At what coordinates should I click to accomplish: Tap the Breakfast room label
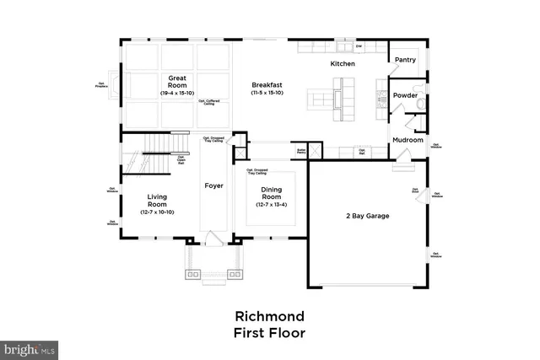[x=267, y=84]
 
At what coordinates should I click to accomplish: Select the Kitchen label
[x=343, y=64]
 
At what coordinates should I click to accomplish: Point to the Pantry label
[x=405, y=61]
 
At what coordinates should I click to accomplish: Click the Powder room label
[x=405, y=96]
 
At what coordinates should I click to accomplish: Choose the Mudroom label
[x=407, y=141]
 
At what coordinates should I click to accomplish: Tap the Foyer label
[x=214, y=185]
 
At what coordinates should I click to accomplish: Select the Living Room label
[x=157, y=200]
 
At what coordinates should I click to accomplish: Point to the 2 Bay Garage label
[x=367, y=216]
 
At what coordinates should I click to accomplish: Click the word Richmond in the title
[x=269, y=316]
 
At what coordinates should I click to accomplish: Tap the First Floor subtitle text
[x=269, y=333]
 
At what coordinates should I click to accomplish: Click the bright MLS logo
[x=30, y=347]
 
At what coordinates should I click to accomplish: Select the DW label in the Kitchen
[x=359, y=46]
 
